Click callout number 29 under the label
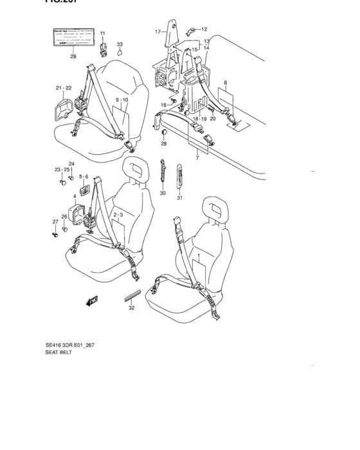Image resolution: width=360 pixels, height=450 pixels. pos(73,57)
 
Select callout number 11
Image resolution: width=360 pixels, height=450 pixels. pos(102,33)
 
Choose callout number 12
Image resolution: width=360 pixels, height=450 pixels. pos(204,29)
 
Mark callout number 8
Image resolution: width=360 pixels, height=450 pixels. pos(226,83)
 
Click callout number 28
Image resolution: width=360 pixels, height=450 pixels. pos(163,143)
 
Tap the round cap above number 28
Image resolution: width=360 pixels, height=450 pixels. pos(163,132)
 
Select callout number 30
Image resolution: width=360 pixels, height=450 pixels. pos(163,193)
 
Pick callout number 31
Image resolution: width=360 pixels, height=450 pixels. pos(180,197)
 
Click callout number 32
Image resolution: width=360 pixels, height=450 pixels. pos(132,308)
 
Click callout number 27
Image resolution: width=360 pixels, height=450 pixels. pos(55,222)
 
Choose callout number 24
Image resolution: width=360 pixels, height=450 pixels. pos(71,164)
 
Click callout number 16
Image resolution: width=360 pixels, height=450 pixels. pos(164,105)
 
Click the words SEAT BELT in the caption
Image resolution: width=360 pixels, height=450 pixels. pos(59,353)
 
